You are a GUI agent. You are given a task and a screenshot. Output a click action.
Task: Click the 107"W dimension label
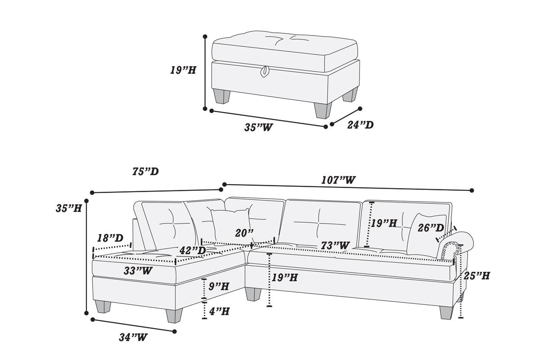pos(338,180)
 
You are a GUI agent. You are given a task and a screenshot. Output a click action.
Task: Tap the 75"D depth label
pos(145,171)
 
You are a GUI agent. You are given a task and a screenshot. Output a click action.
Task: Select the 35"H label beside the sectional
pos(69,208)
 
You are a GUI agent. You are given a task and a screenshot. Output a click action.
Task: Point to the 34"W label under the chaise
pos(133,337)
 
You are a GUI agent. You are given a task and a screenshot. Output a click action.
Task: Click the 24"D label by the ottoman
pos(360,125)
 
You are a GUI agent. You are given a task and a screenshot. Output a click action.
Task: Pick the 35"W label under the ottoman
pos(259,127)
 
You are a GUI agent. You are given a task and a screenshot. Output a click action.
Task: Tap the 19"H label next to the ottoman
pos(183,70)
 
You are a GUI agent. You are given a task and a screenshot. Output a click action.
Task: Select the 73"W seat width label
pos(335,246)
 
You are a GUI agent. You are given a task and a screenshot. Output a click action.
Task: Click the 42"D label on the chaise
pos(193,250)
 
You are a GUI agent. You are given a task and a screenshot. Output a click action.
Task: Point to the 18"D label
pos(110,238)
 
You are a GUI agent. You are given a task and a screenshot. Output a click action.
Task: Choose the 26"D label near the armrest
pos(431,228)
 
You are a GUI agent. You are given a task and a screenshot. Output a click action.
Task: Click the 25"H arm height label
pos(477,275)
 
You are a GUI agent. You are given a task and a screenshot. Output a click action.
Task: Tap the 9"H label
pos(219,286)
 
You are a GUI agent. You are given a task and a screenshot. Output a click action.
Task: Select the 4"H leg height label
pos(219,311)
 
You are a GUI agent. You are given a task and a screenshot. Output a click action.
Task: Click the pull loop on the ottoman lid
pos(265,71)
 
